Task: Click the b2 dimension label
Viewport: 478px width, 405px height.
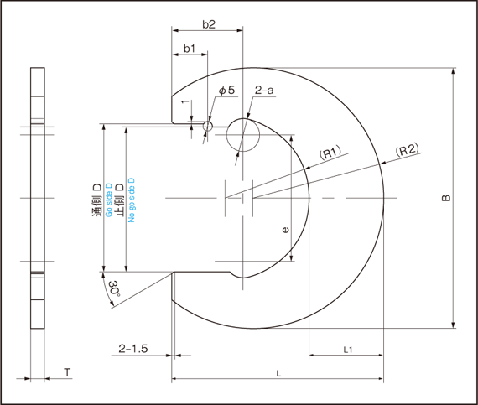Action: (x=209, y=24)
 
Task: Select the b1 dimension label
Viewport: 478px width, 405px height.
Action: (x=190, y=49)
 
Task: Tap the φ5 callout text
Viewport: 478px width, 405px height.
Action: (x=227, y=90)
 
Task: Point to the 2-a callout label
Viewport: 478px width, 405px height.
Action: (x=264, y=91)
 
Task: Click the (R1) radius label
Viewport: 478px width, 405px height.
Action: (x=330, y=153)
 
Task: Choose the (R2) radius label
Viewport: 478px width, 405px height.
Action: (x=407, y=149)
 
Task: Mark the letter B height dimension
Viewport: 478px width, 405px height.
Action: (x=446, y=198)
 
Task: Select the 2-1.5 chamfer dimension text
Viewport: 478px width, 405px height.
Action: (x=132, y=348)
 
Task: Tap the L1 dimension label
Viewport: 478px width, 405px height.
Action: (x=348, y=350)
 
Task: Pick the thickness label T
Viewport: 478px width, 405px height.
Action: (x=67, y=372)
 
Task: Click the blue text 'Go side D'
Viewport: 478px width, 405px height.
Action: (x=108, y=200)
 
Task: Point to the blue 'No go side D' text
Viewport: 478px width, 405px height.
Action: (x=132, y=200)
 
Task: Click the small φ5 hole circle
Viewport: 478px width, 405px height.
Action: (x=208, y=126)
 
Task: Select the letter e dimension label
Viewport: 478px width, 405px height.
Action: (x=285, y=230)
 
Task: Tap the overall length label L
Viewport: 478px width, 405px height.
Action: (x=278, y=374)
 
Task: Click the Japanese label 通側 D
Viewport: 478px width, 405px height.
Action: (x=97, y=200)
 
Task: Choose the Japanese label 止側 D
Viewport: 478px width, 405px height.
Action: (x=120, y=200)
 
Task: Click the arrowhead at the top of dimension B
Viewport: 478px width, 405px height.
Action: (x=454, y=70)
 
